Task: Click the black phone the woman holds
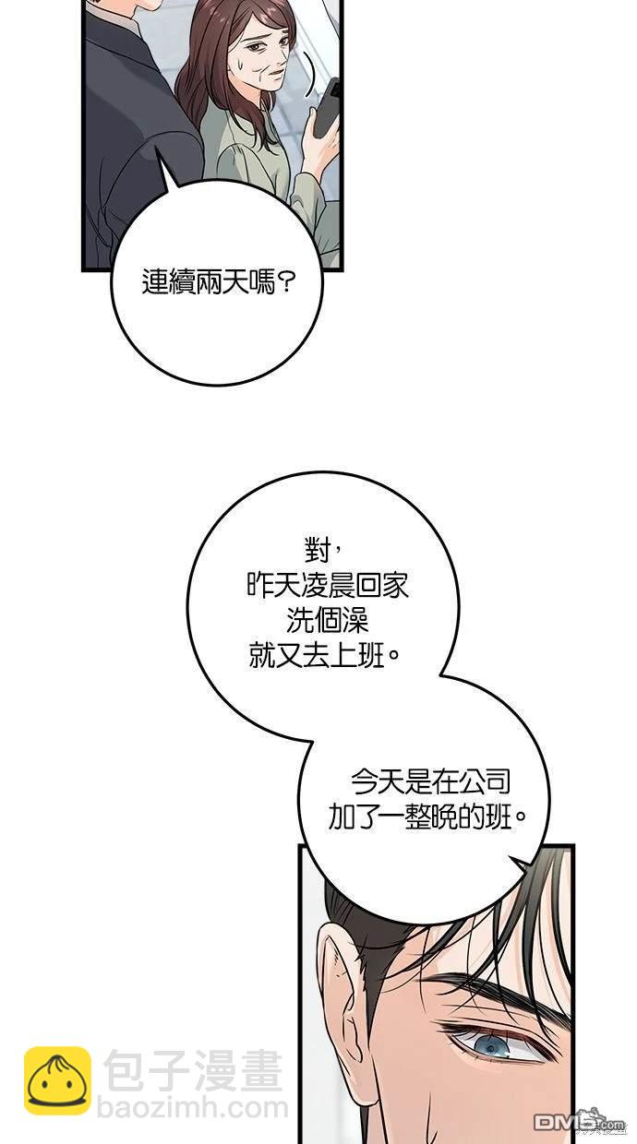[x=327, y=107]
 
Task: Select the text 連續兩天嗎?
[x=218, y=282]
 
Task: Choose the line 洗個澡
[x=327, y=620]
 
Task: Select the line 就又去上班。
[x=324, y=655]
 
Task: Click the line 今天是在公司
[x=430, y=782]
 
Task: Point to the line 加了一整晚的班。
[x=427, y=817]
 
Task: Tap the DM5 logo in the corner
[x=579, y=1122]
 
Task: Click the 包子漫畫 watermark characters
[x=193, y=1070]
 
